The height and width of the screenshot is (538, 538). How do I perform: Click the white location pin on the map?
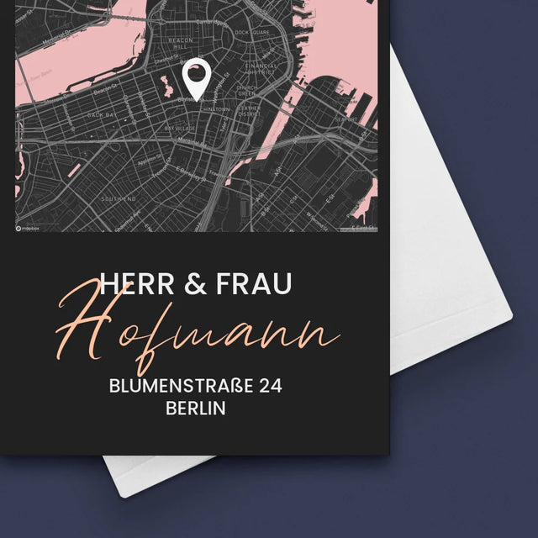pyautogui.click(x=196, y=78)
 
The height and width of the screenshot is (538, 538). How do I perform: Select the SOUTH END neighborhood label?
pyautogui.click(x=119, y=199)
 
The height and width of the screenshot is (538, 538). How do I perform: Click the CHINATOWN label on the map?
pyautogui.click(x=216, y=110)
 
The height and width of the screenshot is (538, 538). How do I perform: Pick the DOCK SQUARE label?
pyautogui.click(x=252, y=32)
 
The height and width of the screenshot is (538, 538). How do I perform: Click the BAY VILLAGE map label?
pyautogui.click(x=180, y=128)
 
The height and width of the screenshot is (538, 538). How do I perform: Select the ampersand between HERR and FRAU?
pyautogui.click(x=194, y=284)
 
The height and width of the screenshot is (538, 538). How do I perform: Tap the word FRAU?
pyautogui.click(x=253, y=284)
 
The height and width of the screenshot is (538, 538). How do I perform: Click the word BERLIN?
pyautogui.click(x=197, y=409)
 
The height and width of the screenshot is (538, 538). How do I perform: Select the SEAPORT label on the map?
pyautogui.click(x=345, y=119)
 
